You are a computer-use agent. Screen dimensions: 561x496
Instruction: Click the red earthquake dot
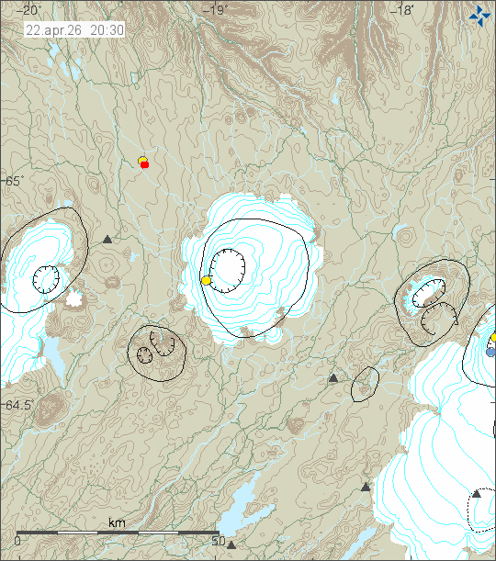coord(145,165)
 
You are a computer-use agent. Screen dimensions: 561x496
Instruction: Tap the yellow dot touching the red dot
coord(141,161)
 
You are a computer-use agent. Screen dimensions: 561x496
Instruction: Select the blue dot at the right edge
coord(490,352)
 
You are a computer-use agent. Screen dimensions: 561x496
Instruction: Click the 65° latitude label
coord(12,181)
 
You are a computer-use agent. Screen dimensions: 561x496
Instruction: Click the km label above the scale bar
coord(117,522)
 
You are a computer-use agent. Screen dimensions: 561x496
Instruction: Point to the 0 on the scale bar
coord(18,541)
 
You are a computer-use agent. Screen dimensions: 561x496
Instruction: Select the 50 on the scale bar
coord(219,541)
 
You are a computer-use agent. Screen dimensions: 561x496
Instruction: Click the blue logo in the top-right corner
coord(479,15)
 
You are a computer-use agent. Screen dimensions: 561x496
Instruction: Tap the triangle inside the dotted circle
coord(476,494)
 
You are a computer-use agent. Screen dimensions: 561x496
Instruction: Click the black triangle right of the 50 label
coord(231,544)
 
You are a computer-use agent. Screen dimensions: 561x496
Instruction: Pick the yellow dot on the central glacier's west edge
coord(207,280)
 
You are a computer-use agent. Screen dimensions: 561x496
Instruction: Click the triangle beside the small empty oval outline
coord(333,377)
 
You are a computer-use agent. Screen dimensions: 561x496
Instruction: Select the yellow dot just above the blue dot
coord(493,338)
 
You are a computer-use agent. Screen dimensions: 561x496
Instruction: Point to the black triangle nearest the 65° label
coord(107,239)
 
